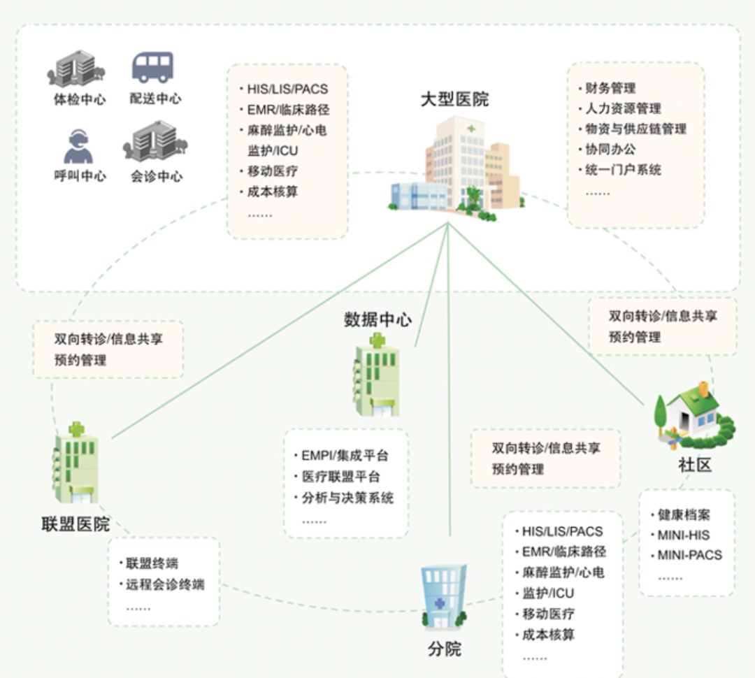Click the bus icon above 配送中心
(152, 68)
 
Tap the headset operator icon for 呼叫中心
(78, 145)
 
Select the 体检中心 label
(79, 99)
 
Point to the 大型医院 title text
(454, 99)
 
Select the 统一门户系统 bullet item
(622, 170)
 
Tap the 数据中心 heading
(377, 319)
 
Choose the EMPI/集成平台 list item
(345, 456)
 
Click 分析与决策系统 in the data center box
(347, 498)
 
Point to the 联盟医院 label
(76, 524)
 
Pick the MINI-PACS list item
(689, 556)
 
